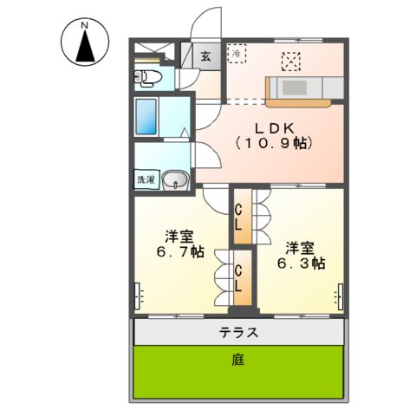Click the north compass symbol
(x=85, y=45)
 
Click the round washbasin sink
(x=177, y=181)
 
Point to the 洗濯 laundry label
(x=145, y=180)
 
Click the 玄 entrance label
(x=206, y=57)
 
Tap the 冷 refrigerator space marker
(x=237, y=54)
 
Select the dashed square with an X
(x=292, y=61)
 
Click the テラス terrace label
(x=238, y=333)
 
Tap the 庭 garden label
(x=237, y=361)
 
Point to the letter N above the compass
(x=85, y=25)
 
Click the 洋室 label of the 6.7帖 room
(x=179, y=236)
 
